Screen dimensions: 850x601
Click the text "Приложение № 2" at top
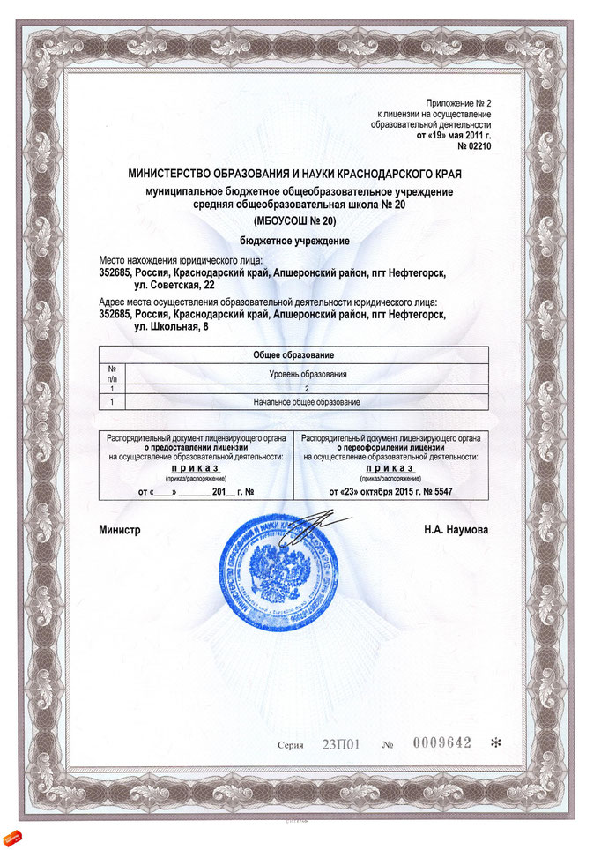pos(458,104)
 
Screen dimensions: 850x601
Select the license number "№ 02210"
pos(471,146)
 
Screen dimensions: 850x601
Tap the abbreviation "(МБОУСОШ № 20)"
pos(294,220)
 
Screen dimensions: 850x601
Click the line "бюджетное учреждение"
pos(294,240)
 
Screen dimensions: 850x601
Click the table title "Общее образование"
pos(293,355)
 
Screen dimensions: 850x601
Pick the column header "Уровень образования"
pos(308,374)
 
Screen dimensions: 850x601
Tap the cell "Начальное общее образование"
pos(308,402)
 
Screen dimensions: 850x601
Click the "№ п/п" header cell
pos(112,374)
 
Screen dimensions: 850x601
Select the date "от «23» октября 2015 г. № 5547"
pos(390,490)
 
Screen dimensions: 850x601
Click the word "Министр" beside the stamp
pos(119,530)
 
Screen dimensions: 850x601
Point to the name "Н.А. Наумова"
pos(456,530)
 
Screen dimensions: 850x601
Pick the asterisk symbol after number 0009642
pos(494,743)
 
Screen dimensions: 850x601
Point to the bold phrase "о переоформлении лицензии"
pos(390,448)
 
